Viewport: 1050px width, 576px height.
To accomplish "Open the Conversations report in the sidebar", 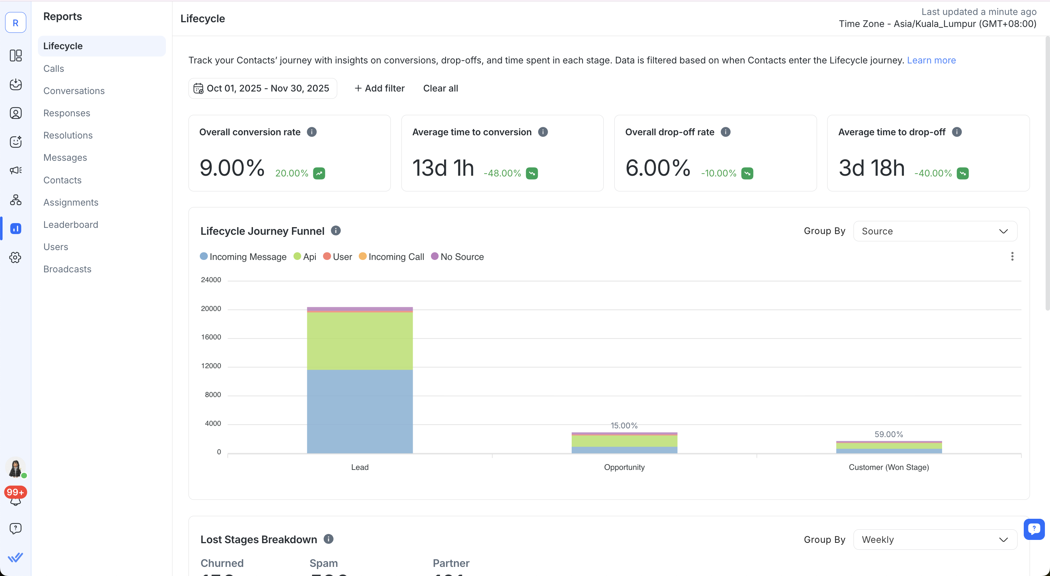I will tap(74, 90).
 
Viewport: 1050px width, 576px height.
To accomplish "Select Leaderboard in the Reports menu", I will tap(70, 224).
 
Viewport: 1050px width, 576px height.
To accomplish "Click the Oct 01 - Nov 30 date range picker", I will tap(262, 88).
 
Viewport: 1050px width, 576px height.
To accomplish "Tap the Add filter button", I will tap(380, 88).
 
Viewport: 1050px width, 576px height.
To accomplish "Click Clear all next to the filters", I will tap(440, 88).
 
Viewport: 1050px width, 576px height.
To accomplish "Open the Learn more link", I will tap(931, 60).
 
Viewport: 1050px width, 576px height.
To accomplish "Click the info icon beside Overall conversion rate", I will tap(311, 132).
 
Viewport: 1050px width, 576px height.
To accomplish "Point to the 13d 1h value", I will tap(443, 168).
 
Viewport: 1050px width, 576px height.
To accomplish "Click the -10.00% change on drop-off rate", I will tap(719, 173).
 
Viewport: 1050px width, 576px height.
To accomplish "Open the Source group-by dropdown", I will tap(935, 231).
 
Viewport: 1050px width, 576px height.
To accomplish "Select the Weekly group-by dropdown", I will tap(935, 539).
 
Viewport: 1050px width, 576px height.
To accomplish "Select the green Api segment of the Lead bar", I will tap(359, 341).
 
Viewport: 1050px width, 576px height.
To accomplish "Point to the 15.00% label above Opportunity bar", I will tap(624, 425).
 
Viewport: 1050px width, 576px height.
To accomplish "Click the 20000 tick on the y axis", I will tap(211, 308).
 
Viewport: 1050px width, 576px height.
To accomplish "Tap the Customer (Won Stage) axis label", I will tap(888, 467).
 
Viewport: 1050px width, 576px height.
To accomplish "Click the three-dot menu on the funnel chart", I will tap(1012, 256).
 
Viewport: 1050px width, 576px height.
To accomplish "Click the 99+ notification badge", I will tap(15, 492).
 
